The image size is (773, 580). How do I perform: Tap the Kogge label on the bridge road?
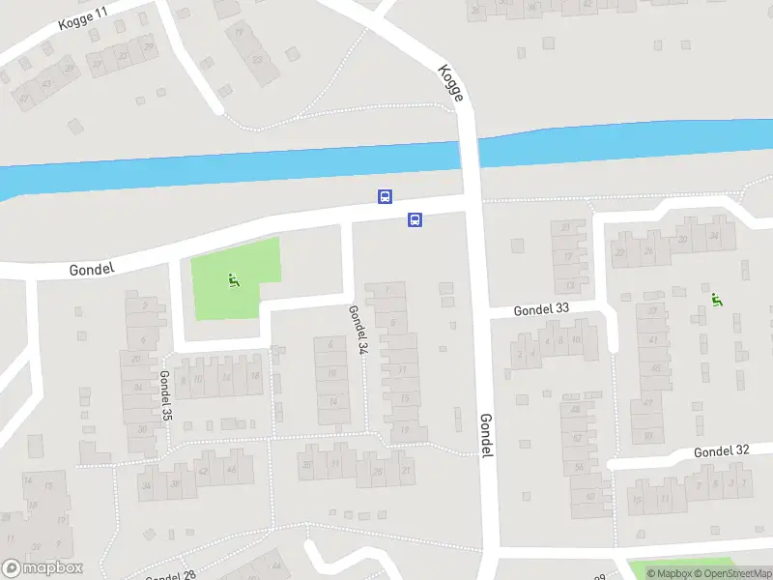451,83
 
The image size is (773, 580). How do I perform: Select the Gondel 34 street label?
356,328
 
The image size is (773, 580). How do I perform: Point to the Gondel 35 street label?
165,395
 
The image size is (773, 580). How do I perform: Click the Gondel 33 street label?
542,310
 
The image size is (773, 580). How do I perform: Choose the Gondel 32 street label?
722,451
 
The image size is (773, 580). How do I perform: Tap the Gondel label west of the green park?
93,269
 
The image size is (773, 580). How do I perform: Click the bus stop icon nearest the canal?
385,196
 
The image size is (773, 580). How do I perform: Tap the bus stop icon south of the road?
415,219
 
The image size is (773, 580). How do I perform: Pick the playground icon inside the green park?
233,281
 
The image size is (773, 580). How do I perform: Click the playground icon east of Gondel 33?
716,300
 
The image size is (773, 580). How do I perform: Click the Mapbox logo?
43,568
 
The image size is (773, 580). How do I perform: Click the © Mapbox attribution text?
674,573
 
